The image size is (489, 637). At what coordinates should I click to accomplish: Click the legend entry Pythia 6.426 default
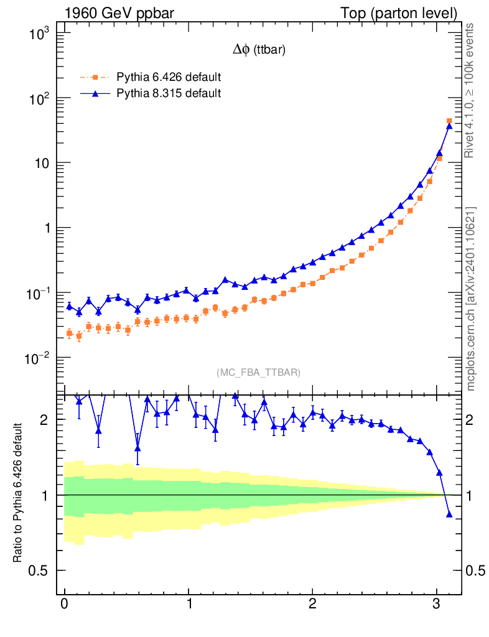point(169,78)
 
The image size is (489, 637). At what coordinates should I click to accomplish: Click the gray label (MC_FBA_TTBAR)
point(259,373)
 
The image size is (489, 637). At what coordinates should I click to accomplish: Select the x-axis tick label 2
point(312,604)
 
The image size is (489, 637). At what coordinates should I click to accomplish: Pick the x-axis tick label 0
point(64,604)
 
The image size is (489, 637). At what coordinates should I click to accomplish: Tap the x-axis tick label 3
point(436,604)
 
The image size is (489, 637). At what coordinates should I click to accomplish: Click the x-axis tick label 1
point(189,604)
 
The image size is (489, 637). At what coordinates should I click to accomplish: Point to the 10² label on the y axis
point(44,98)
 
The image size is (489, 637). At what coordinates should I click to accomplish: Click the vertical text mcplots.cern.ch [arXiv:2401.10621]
point(471,299)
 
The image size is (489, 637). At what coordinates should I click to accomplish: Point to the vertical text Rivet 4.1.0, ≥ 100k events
point(471,91)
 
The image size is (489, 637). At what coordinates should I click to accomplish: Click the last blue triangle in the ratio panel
point(449,514)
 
